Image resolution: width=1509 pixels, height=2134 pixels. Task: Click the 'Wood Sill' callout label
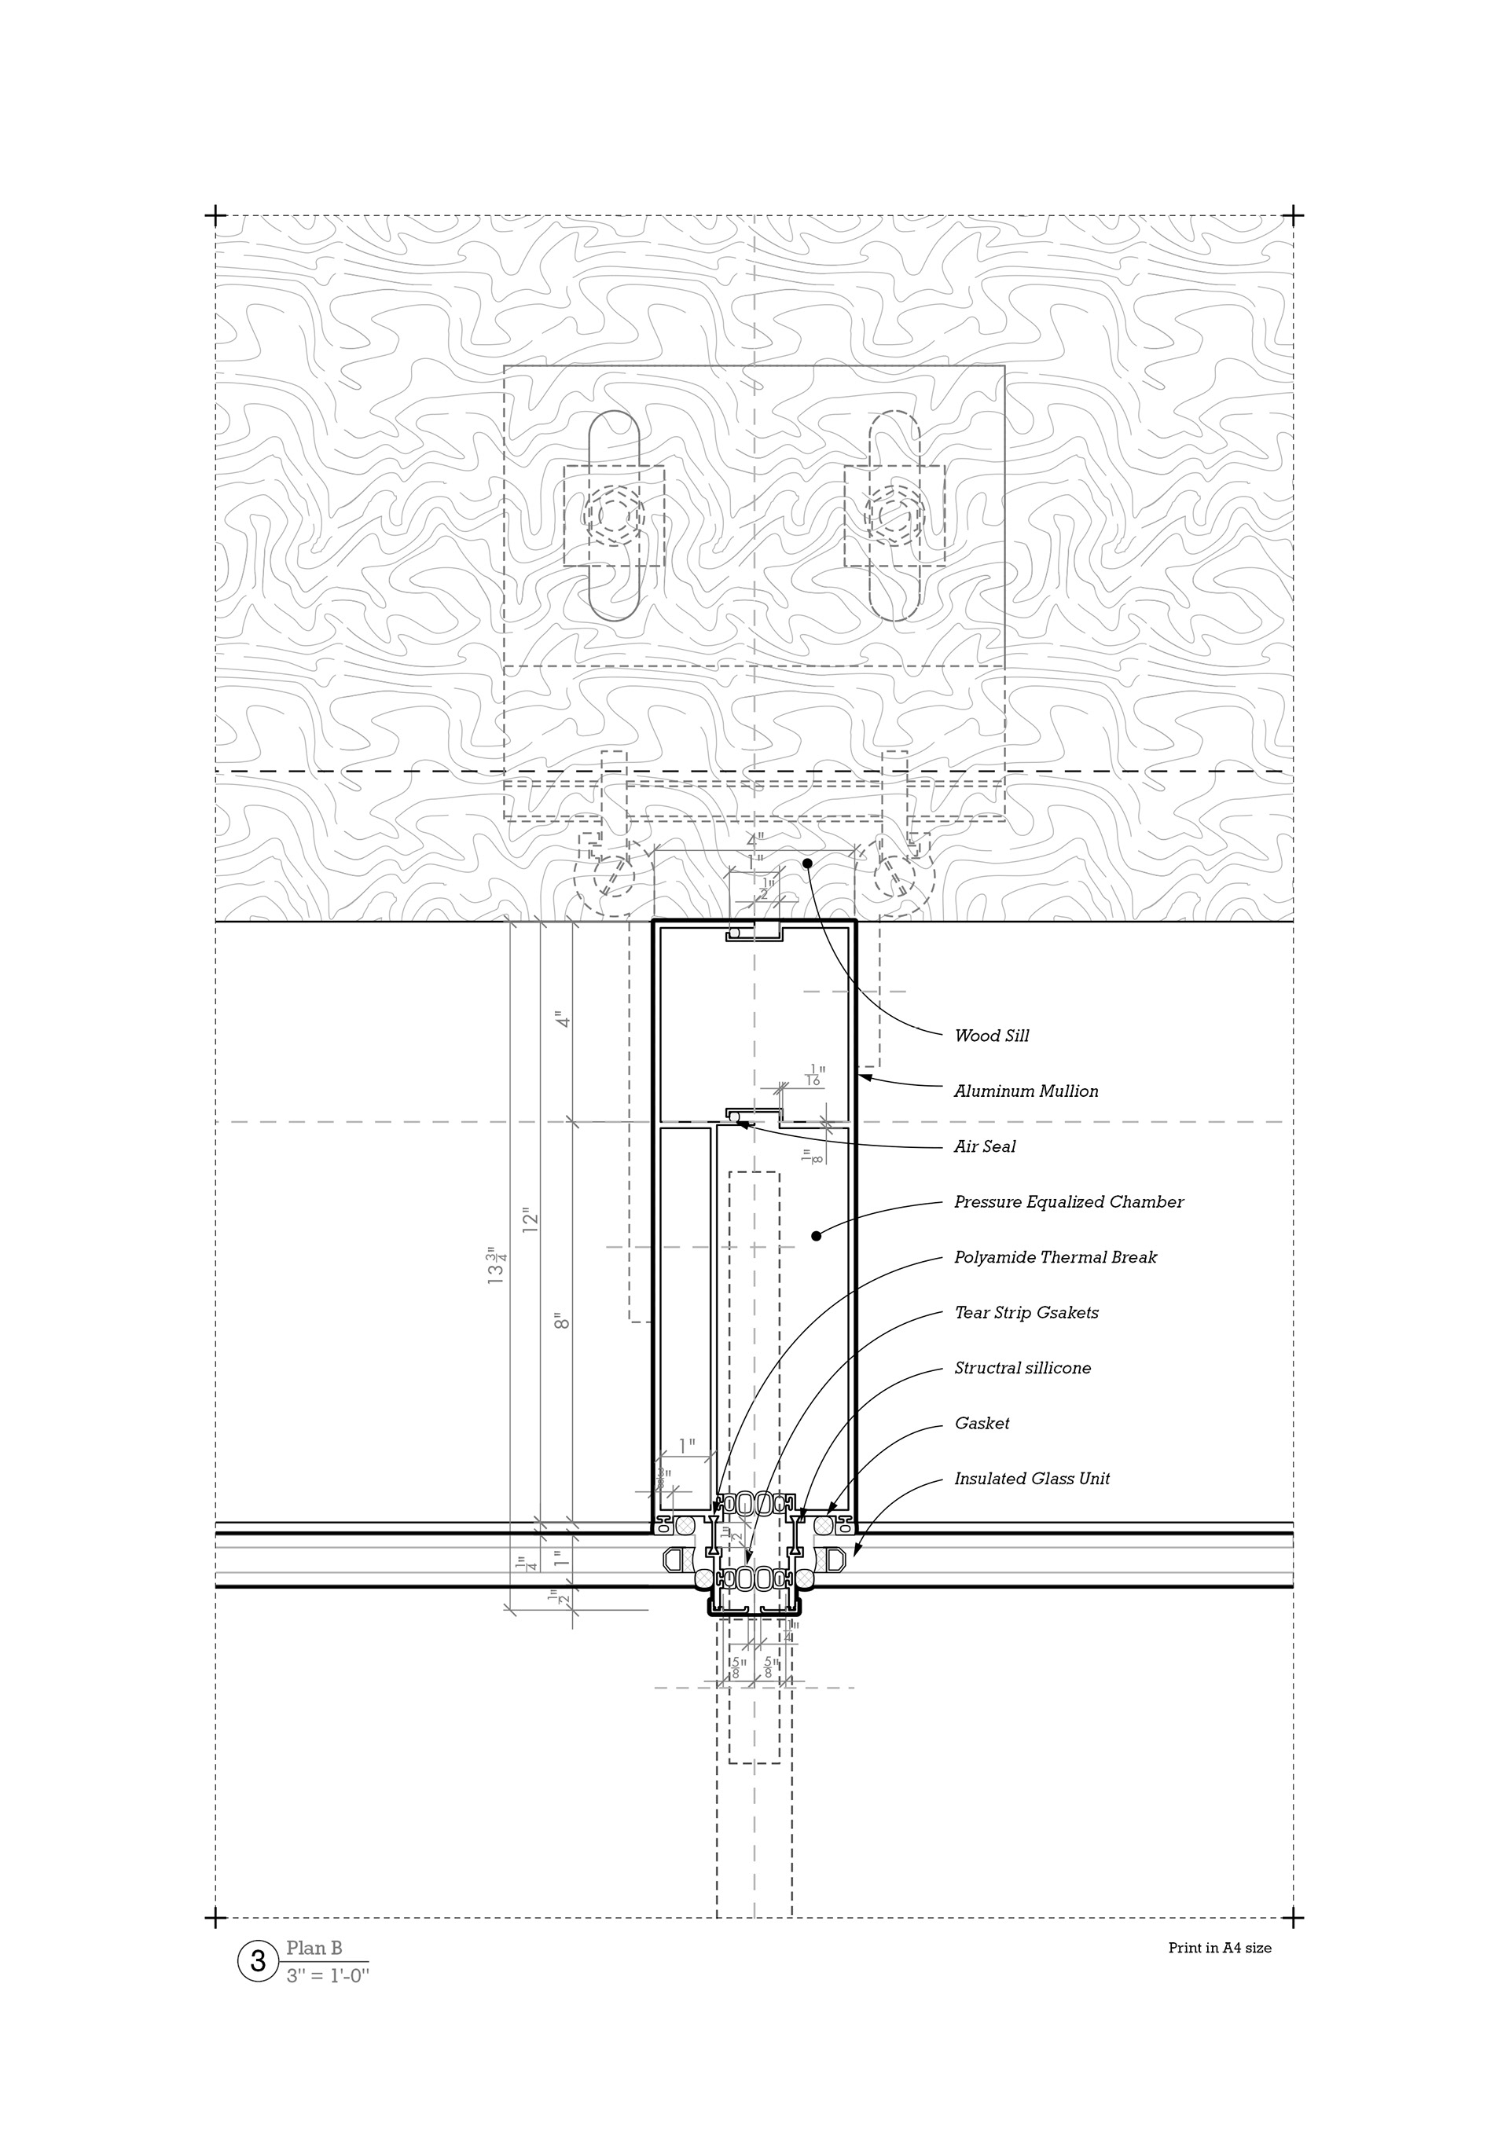[x=991, y=1036]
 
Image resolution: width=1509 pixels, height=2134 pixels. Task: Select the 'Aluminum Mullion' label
[x=1026, y=1091]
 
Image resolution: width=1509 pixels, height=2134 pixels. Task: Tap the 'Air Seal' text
[x=985, y=1147]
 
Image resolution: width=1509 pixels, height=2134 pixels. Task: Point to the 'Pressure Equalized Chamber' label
[x=1068, y=1202]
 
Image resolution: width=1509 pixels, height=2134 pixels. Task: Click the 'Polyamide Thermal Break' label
[x=1056, y=1257]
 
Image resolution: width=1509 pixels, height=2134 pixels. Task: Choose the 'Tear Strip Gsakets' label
[x=1026, y=1313]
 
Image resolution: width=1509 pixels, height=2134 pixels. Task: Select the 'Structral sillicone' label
[x=1023, y=1368]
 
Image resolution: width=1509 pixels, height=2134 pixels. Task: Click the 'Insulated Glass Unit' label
[x=1032, y=1479]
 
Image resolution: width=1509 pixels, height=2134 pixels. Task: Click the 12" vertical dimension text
[x=530, y=1219]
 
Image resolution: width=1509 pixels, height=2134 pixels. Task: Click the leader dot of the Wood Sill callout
[x=807, y=863]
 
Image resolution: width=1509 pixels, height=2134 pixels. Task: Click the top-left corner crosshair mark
[x=215, y=215]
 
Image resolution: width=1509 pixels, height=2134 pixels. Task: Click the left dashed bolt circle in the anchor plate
[x=614, y=514]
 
